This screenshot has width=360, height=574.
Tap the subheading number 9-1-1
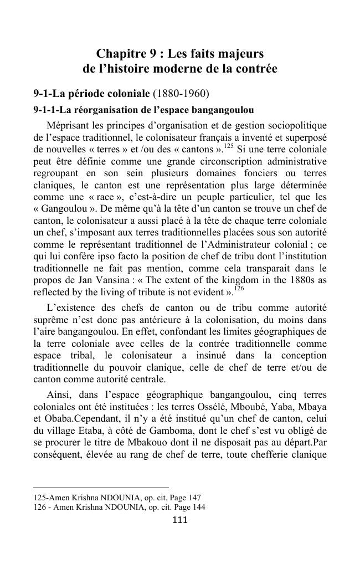point(46,109)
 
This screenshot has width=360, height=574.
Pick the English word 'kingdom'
point(245,280)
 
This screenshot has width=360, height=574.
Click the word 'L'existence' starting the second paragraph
point(71,307)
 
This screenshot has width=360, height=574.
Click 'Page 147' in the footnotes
point(184,498)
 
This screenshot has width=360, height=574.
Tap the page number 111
point(180,520)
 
